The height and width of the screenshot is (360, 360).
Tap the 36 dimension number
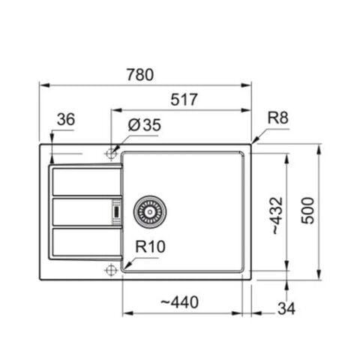(x=65, y=120)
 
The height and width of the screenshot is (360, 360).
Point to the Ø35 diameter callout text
(x=144, y=125)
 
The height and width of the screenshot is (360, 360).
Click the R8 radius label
(x=279, y=118)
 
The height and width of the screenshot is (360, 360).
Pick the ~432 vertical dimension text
(x=277, y=216)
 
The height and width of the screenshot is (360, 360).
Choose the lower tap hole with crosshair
(x=111, y=270)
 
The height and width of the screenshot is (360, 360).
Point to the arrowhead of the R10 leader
(x=124, y=265)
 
